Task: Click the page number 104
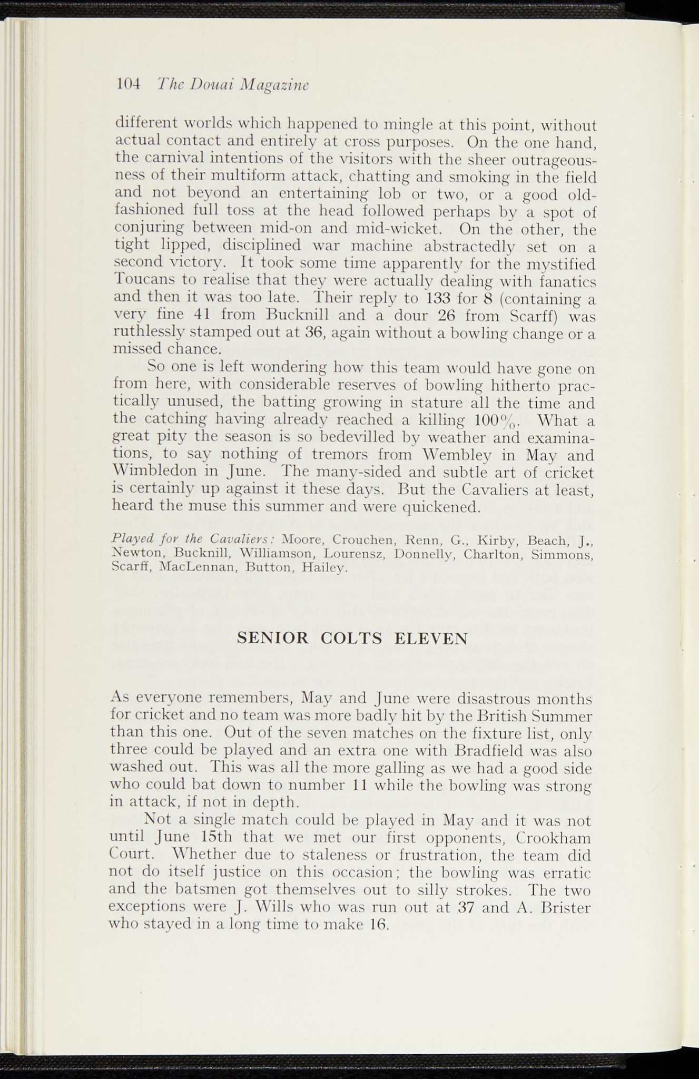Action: pyautogui.click(x=127, y=84)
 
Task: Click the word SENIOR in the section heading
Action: pyautogui.click(x=273, y=639)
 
